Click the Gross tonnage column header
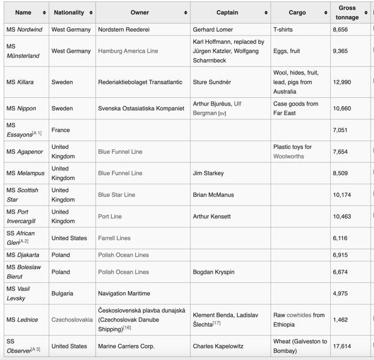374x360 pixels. coord(346,13)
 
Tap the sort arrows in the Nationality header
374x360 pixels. coord(91,13)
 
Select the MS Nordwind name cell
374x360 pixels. coord(24,29)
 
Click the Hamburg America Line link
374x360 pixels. coord(128,51)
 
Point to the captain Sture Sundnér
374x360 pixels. coord(211,82)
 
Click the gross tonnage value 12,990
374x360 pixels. coord(342,82)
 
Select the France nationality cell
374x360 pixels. coord(61,130)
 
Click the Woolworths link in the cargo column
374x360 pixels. coord(289,157)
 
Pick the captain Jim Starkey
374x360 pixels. coord(208,173)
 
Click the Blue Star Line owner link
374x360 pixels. coord(116,195)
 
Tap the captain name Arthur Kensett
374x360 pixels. coord(211,217)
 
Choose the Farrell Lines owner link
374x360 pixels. coord(114,238)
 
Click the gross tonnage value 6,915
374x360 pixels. coord(340,255)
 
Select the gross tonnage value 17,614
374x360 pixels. coord(342,346)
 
